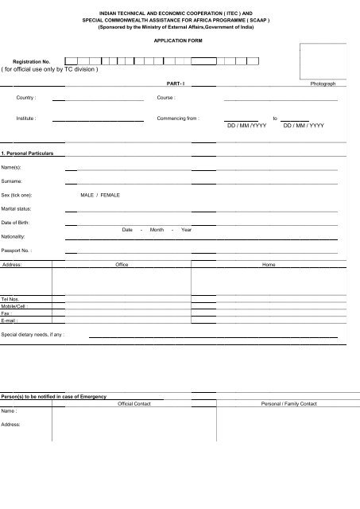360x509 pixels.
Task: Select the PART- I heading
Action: coord(171,84)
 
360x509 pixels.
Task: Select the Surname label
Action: coord(12,181)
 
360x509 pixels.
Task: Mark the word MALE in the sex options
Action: coord(87,195)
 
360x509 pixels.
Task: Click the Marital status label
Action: coord(16,208)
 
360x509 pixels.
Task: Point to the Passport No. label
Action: coord(17,250)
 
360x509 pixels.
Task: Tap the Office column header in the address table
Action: coord(122,264)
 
